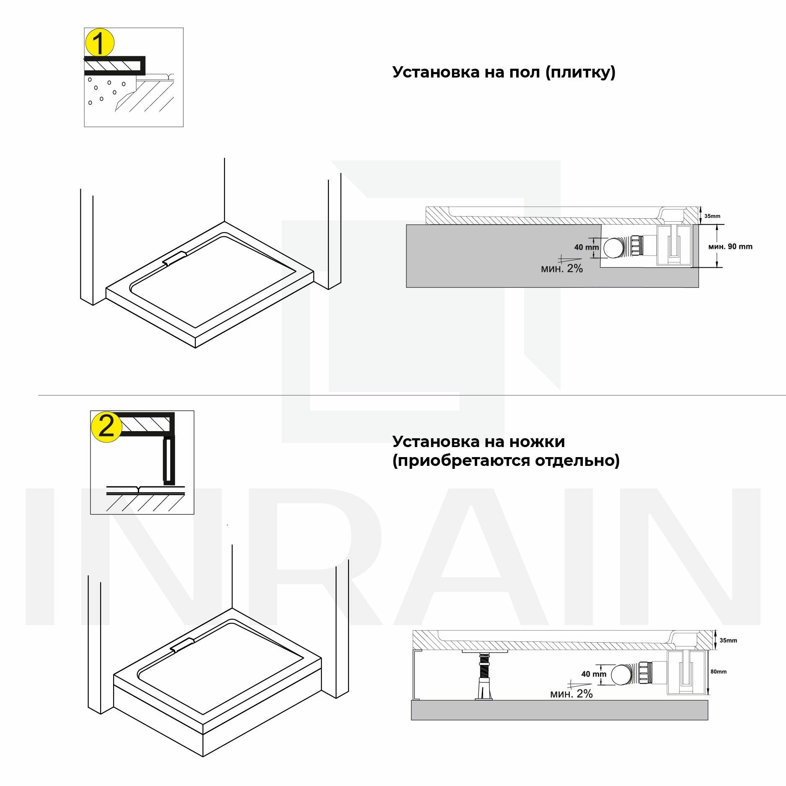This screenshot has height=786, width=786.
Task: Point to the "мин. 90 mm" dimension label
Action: (730, 246)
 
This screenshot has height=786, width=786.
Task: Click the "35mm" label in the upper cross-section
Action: (712, 216)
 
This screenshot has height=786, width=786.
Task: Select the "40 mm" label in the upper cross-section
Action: (586, 247)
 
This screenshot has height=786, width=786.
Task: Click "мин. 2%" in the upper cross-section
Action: (561, 269)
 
